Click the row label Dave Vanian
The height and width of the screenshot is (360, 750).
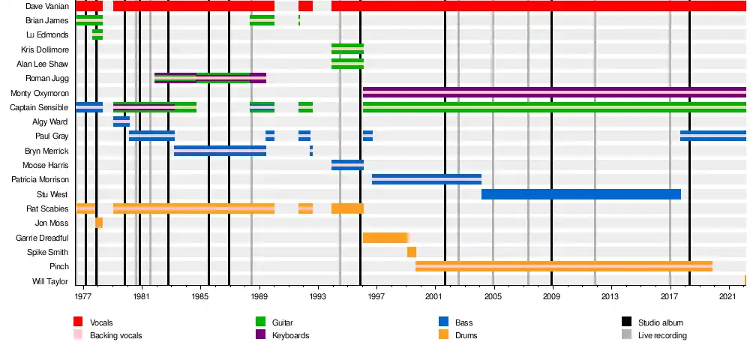coord(47,6)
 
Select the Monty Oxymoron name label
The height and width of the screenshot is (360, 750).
coord(40,93)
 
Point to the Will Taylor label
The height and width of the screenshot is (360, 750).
coord(50,282)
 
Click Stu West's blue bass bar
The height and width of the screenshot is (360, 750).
coord(580,194)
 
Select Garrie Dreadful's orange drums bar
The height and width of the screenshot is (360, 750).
coord(385,238)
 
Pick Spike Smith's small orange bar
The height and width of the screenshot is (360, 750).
coord(412,252)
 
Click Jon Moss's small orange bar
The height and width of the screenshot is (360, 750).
coord(99,223)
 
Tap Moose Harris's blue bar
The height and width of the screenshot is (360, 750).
coord(347,165)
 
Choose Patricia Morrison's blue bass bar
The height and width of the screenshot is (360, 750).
coord(426,179)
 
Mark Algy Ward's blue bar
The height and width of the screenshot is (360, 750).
coord(121,121)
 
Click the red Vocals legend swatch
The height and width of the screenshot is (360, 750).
coord(78,322)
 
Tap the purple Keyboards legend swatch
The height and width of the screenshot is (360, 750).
coord(261,335)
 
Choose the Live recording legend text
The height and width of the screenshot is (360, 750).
coord(661,335)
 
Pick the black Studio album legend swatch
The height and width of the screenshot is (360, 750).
coord(626,322)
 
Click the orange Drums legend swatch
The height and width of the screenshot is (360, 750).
coord(443,335)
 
